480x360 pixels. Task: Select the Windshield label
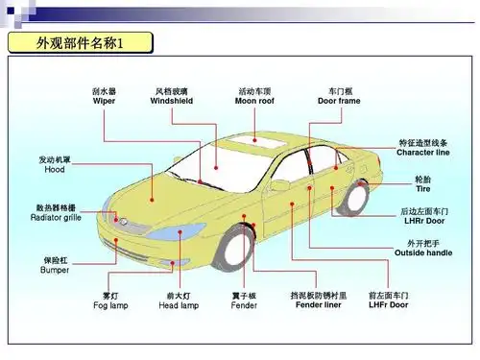[173, 101]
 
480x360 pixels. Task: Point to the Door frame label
[338, 101]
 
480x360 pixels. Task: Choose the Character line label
[422, 152]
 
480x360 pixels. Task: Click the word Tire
[422, 190]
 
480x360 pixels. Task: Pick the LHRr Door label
[423, 220]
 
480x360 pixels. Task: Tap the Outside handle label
[423, 252]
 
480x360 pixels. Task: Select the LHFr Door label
[388, 305]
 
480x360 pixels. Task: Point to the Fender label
[244, 305]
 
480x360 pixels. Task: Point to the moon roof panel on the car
[252, 145]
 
